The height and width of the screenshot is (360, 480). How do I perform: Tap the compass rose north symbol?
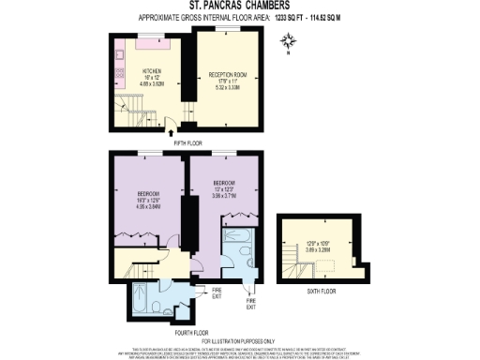click(291, 39)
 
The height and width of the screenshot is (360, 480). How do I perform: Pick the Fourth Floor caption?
click(191, 330)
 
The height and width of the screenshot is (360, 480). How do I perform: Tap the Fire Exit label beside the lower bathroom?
click(215, 292)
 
